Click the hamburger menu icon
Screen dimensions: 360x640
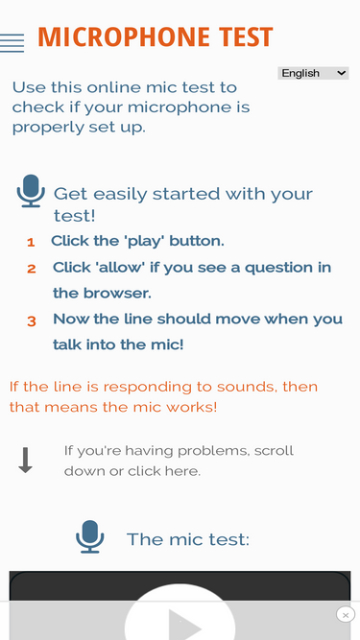(12, 43)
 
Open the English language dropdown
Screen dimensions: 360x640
(313, 73)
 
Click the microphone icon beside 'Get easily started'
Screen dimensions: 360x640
(31, 191)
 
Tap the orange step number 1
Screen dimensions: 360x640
(31, 243)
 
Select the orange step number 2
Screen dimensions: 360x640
(32, 269)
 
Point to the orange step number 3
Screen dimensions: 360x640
(32, 321)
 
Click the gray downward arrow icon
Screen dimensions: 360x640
(25, 460)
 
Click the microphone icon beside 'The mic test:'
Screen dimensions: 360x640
(90, 536)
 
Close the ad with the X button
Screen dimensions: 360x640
(346, 614)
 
